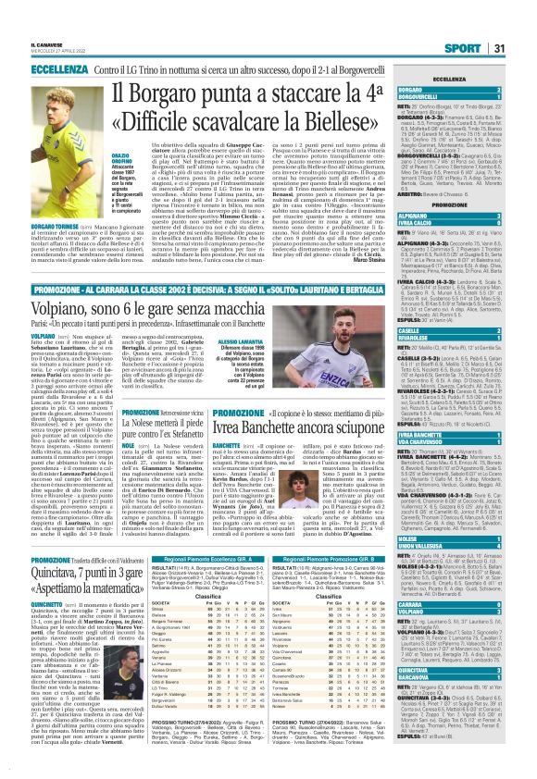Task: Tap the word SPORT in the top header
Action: tap(481, 21)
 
